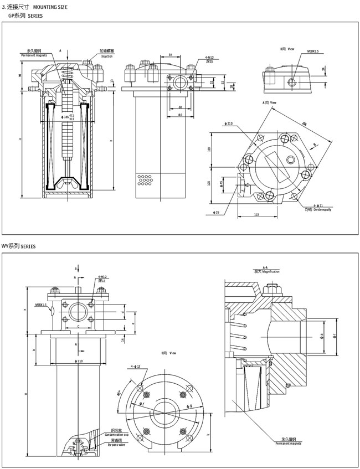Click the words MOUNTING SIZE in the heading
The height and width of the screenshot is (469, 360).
[x=53, y=6]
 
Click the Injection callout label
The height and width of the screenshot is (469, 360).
[x=107, y=56]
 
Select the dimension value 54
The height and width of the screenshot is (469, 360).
[x=170, y=55]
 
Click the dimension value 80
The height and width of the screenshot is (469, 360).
[x=181, y=115]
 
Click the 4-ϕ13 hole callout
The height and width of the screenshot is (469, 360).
[x=135, y=366]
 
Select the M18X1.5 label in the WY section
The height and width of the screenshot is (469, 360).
[x=42, y=304]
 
